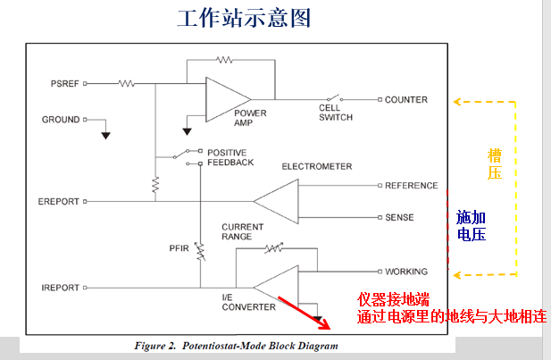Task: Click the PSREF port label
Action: [67, 83]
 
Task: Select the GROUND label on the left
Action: [61, 119]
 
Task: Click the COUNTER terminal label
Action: [405, 100]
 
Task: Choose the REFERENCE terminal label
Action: [411, 186]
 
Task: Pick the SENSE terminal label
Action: [399, 217]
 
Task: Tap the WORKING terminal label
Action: [406, 271]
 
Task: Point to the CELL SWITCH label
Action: [336, 113]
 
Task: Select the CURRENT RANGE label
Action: [243, 231]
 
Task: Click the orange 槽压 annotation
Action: [494, 164]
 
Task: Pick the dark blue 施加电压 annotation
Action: [471, 226]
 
